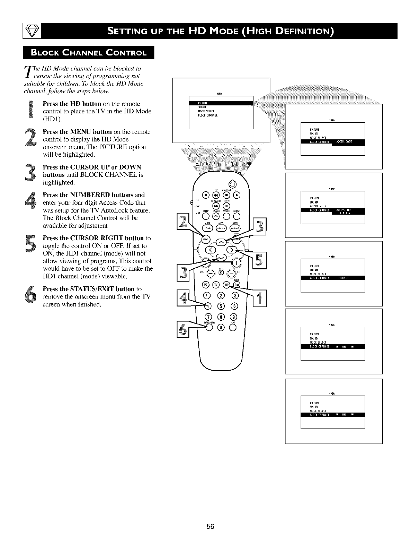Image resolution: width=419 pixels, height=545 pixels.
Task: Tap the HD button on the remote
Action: coord(227,285)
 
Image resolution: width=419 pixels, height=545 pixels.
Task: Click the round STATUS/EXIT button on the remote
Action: coord(209,327)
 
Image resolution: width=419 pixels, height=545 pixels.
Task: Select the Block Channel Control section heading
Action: coord(88,53)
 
